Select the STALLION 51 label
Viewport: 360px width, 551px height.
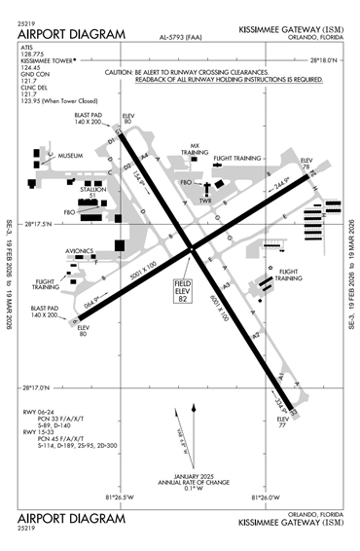pyautogui.click(x=94, y=192)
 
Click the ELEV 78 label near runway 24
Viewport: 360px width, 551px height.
pyautogui.click(x=306, y=164)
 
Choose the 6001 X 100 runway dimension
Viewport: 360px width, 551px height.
pyautogui.click(x=220, y=305)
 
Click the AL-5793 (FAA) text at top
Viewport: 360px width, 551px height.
pyautogui.click(x=181, y=37)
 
